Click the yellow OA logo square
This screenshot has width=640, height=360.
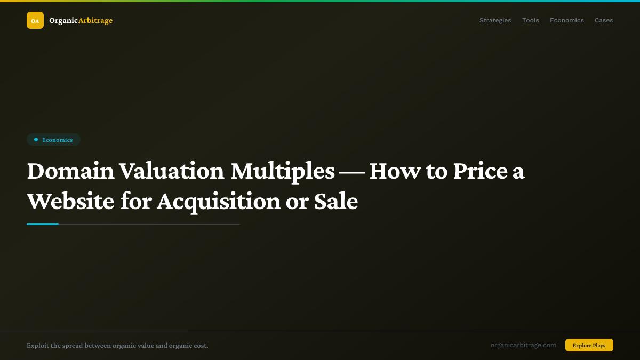[x=35, y=20]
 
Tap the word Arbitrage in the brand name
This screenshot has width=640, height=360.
[x=95, y=21]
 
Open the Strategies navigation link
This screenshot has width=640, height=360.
[x=495, y=20]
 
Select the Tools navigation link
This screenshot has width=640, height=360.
[x=530, y=20]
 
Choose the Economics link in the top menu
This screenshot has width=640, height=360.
[x=566, y=20]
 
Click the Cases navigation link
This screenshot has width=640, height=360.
[x=604, y=20]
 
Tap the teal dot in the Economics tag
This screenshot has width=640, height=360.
[x=36, y=140]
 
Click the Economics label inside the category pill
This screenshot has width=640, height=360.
[x=57, y=140]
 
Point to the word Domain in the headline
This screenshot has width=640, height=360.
[x=70, y=171]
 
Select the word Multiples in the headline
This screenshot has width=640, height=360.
[x=283, y=171]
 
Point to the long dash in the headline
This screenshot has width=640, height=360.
[x=352, y=172]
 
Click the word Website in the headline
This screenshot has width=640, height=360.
[x=70, y=202]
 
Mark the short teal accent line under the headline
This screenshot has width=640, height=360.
[x=43, y=224]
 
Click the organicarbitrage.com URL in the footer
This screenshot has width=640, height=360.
[x=523, y=345]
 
